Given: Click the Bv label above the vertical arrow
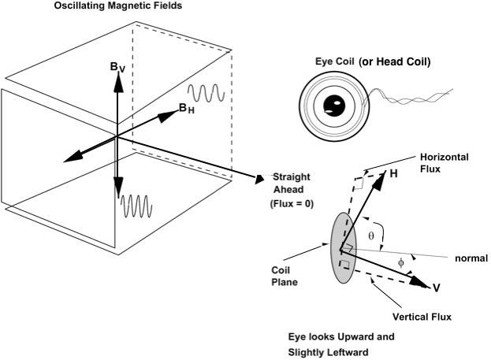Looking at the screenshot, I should [x=117, y=69].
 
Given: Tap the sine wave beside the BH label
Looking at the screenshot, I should [x=211, y=92].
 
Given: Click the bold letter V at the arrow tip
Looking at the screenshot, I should [x=436, y=288].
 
